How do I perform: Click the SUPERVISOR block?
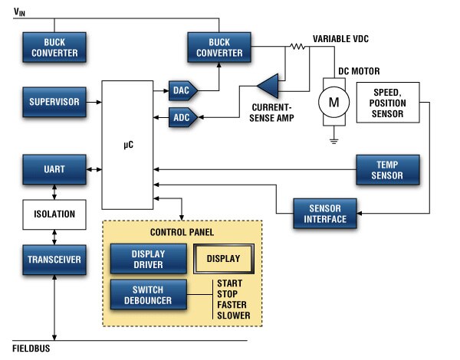[54, 102]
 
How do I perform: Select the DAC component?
[182, 91]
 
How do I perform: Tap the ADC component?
[182, 117]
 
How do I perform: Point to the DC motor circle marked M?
[333, 102]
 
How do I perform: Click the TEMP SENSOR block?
[389, 169]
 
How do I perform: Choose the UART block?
[54, 169]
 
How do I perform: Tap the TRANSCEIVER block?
[54, 260]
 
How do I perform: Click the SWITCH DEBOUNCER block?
[148, 294]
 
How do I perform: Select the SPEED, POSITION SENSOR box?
[387, 103]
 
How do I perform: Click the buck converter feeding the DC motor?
[220, 47]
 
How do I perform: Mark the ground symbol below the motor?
[333, 140]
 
